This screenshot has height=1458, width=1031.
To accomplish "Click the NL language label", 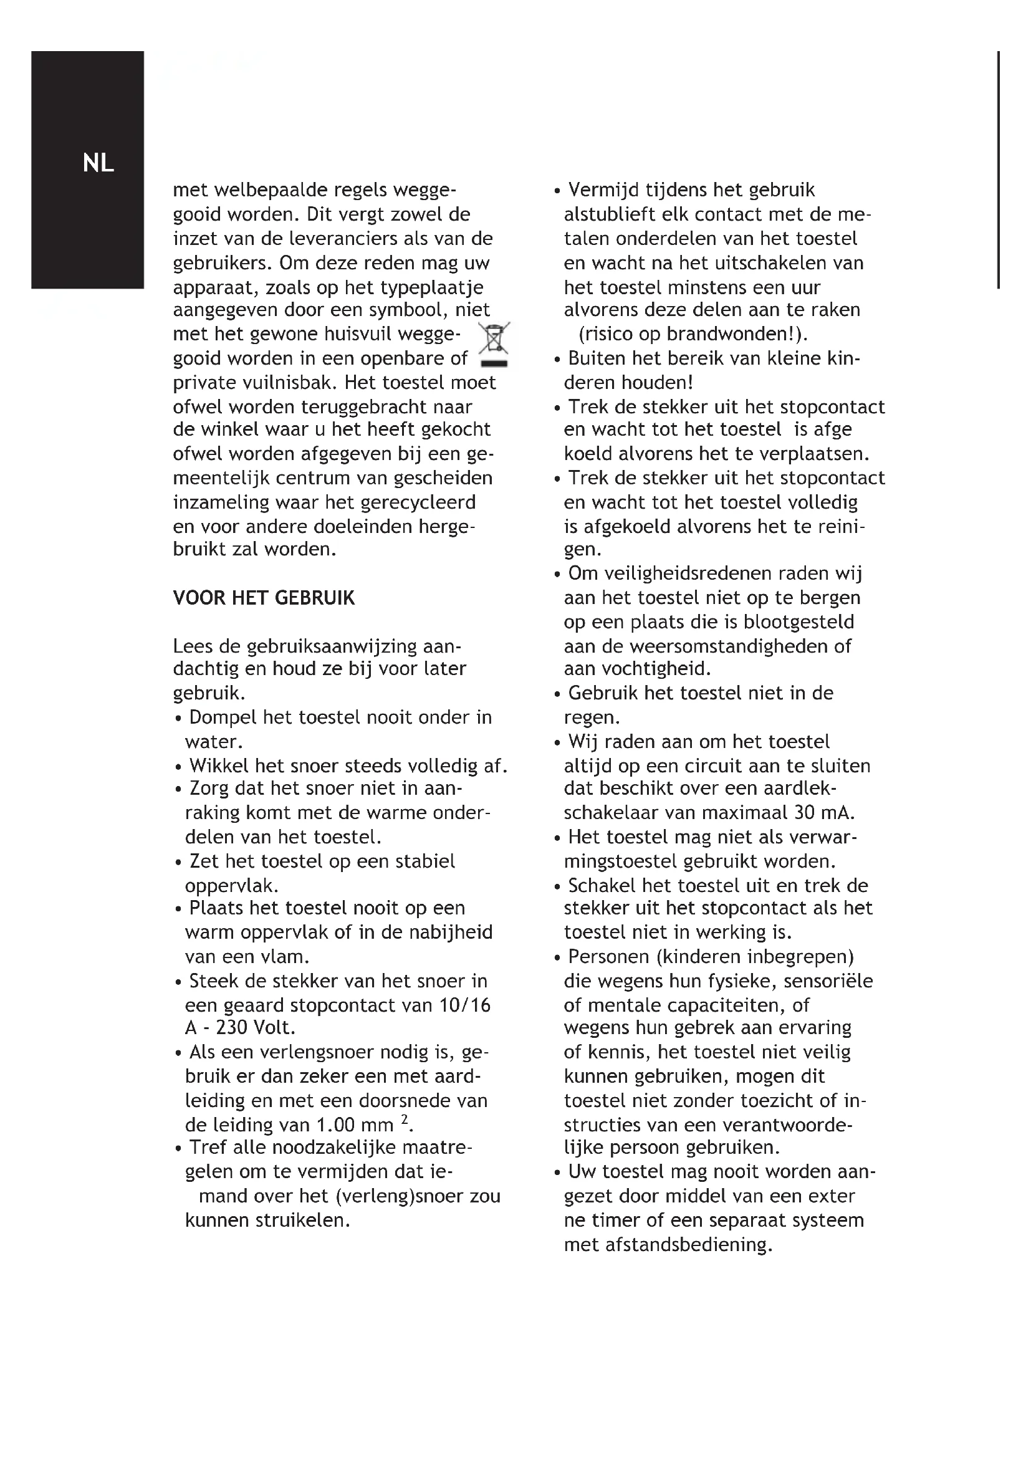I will tap(98, 163).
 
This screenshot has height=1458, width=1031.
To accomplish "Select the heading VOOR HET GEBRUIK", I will tap(264, 598).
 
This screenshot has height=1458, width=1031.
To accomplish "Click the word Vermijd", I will tap(603, 190).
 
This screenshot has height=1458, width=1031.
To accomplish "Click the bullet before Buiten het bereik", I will tap(557, 360).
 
